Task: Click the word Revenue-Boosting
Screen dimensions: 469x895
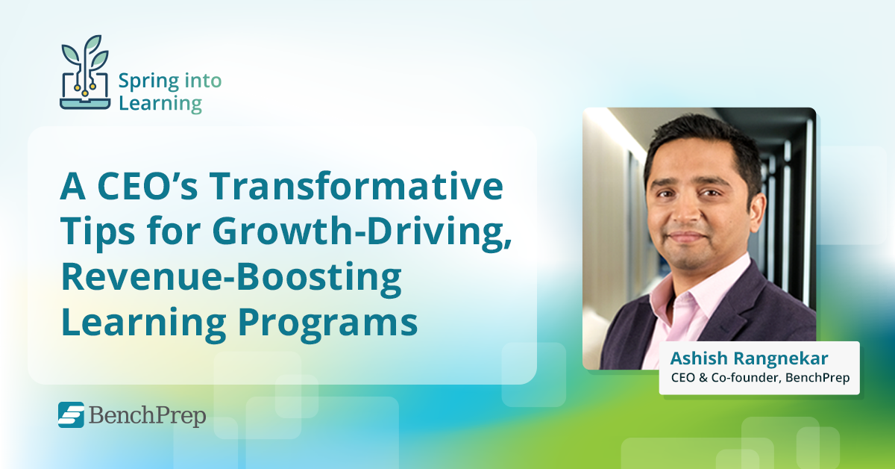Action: [230, 278]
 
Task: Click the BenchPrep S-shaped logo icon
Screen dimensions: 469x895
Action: [71, 415]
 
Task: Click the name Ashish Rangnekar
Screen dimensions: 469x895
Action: [759, 358]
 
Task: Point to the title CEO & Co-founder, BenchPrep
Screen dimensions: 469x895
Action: [759, 379]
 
